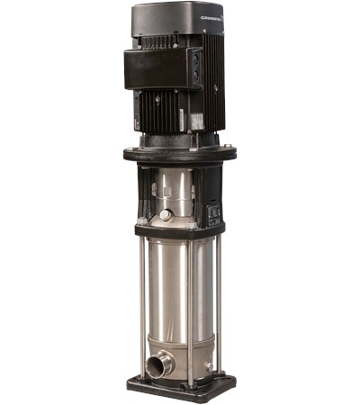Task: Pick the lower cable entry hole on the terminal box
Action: point(195,78)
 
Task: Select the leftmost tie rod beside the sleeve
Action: point(142,297)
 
